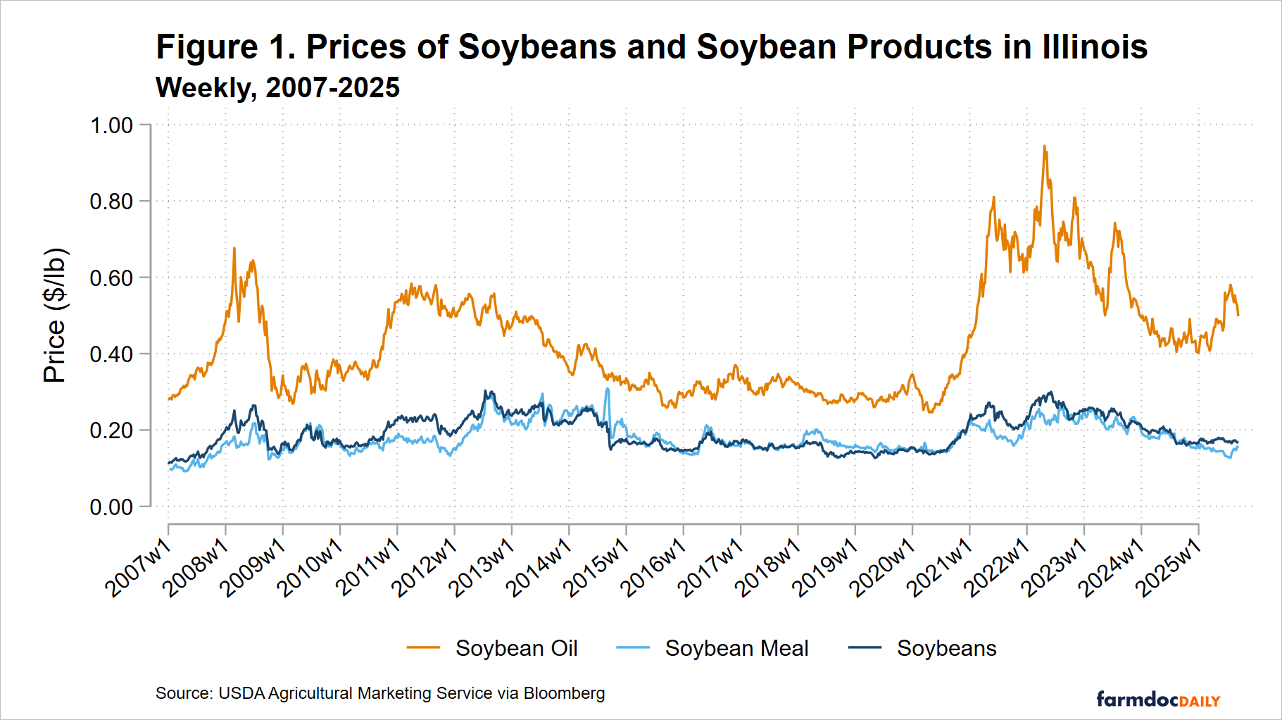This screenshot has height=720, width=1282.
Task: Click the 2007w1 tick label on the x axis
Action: click(x=139, y=567)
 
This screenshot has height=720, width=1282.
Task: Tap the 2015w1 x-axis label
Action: click(x=597, y=567)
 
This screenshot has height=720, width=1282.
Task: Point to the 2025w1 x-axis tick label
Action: click(x=1169, y=567)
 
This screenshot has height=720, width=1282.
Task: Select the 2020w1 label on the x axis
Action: click(x=883, y=567)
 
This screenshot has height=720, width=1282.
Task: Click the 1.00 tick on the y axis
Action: click(x=111, y=125)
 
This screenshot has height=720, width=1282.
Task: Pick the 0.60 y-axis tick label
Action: click(x=111, y=278)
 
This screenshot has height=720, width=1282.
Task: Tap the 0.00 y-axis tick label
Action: click(x=111, y=507)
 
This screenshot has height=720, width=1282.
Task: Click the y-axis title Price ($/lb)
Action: click(x=55, y=316)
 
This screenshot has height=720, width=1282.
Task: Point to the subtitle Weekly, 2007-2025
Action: click(x=277, y=88)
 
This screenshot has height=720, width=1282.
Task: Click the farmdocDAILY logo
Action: click(x=1158, y=700)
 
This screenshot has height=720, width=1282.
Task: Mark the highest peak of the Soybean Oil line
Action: click(x=1044, y=147)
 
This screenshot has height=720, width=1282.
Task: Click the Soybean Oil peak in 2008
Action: click(x=234, y=248)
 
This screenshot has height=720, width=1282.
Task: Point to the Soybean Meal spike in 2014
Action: click(x=607, y=389)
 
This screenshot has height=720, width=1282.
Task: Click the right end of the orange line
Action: click(x=1238, y=315)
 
